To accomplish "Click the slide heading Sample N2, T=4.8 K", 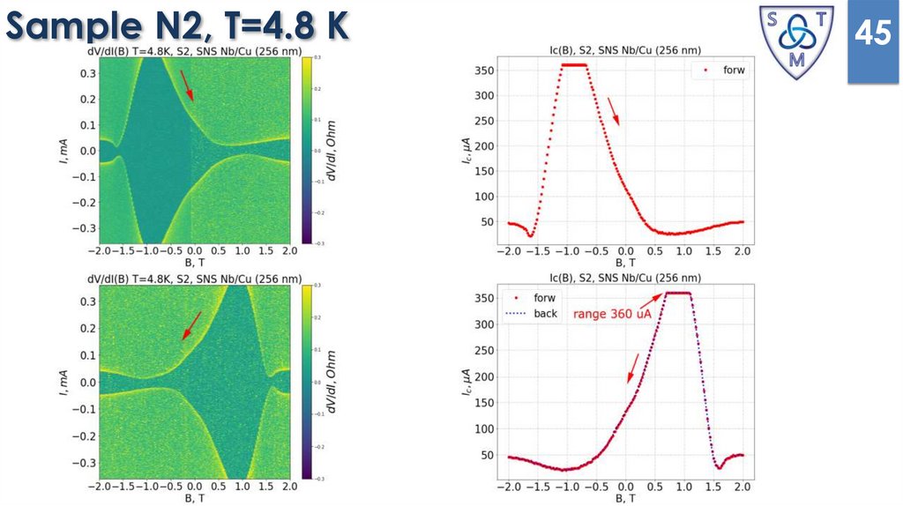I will (176, 26).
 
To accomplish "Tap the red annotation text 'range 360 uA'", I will (616, 314).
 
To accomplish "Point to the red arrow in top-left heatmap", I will (187, 85).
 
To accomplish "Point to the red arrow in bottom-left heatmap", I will (191, 325).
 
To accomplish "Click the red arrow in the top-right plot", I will (614, 111).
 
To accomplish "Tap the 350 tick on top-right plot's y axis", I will (482, 71).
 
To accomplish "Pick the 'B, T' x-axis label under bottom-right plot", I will (624, 498).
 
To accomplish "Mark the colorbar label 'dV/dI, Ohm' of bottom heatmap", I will (332, 382).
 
